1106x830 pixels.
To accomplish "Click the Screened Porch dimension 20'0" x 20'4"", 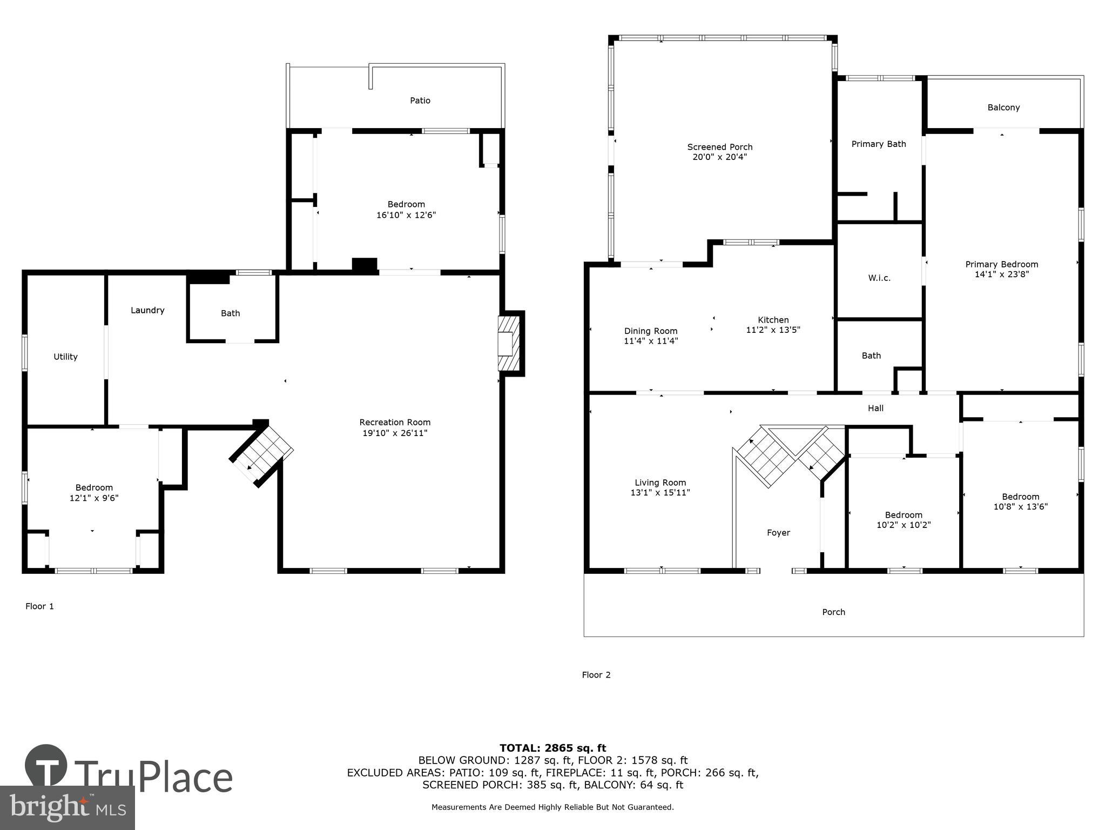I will click(x=719, y=157).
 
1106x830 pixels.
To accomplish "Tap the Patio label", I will click(x=420, y=101).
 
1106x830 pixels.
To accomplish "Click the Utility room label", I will click(x=65, y=357).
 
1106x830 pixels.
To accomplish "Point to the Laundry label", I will click(x=147, y=310).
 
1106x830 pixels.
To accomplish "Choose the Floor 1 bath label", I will click(x=230, y=313).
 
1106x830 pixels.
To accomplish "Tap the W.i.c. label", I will click(x=879, y=278).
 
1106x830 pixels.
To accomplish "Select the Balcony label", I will click(x=1003, y=108).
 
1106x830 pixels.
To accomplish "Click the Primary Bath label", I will click(x=879, y=144).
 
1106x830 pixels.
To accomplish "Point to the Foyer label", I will click(x=778, y=533).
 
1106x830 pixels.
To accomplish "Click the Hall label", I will click(x=875, y=409).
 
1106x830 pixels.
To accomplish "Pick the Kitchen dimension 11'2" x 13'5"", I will click(x=773, y=330).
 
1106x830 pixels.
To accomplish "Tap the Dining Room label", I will click(x=650, y=331).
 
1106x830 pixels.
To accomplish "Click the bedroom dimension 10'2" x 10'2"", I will click(x=903, y=525).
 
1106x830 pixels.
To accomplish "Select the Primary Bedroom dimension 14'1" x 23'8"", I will click(x=1001, y=274).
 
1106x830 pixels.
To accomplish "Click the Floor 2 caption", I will click(x=596, y=675).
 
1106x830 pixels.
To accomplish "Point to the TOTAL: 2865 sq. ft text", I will click(x=552, y=748).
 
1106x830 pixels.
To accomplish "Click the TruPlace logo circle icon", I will click(x=46, y=766).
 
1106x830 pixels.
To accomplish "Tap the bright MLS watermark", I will click(x=68, y=807).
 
